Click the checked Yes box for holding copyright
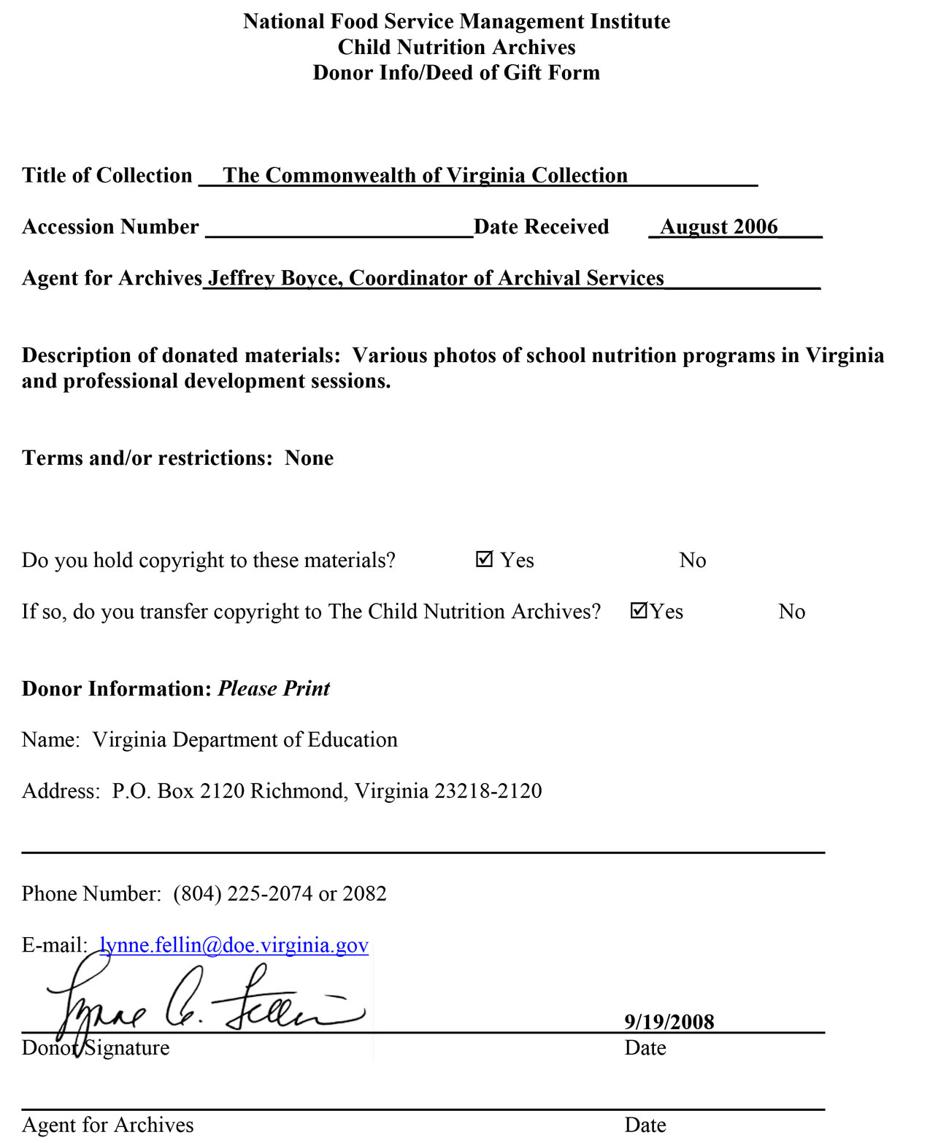click(x=484, y=559)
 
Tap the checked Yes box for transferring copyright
click(x=639, y=610)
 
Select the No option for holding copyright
click(x=692, y=561)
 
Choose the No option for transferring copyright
click(x=791, y=612)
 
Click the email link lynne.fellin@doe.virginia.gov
click(x=234, y=945)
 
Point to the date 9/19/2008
click(x=669, y=1022)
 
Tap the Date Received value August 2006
click(x=718, y=227)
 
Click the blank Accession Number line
click(x=339, y=229)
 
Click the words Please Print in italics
click(x=274, y=689)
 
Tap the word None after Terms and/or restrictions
click(x=309, y=458)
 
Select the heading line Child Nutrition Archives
click(x=456, y=47)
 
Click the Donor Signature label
click(x=96, y=1048)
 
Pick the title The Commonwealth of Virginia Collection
click(x=425, y=176)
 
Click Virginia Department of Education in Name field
click(x=245, y=740)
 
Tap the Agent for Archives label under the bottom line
click(x=107, y=1125)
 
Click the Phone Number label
click(x=91, y=894)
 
